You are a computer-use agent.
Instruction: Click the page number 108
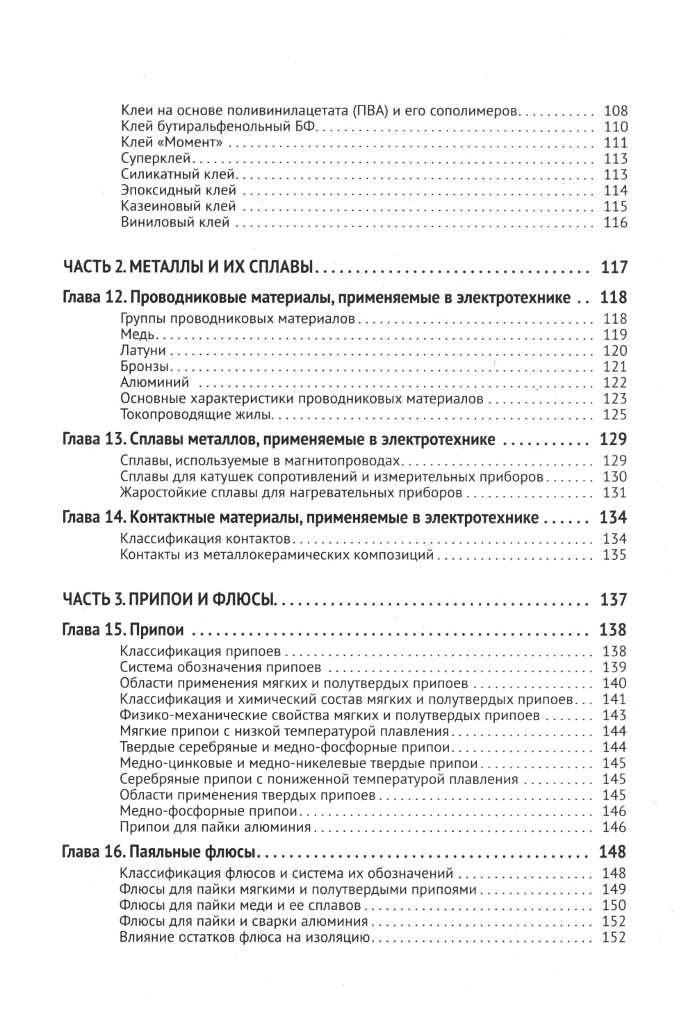click(615, 111)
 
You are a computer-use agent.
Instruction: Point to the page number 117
click(613, 267)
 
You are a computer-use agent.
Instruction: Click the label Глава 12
click(93, 298)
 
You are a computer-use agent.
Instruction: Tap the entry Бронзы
click(144, 367)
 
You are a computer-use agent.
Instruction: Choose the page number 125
click(615, 415)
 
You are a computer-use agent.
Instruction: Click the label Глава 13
click(93, 440)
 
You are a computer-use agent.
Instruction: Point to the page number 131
click(615, 493)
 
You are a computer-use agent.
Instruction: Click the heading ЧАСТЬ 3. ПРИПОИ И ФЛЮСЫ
click(170, 599)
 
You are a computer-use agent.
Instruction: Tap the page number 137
click(613, 599)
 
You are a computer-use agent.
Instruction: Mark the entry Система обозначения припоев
click(220, 667)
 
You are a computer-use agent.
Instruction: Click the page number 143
click(615, 715)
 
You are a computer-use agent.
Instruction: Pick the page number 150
click(615, 906)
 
